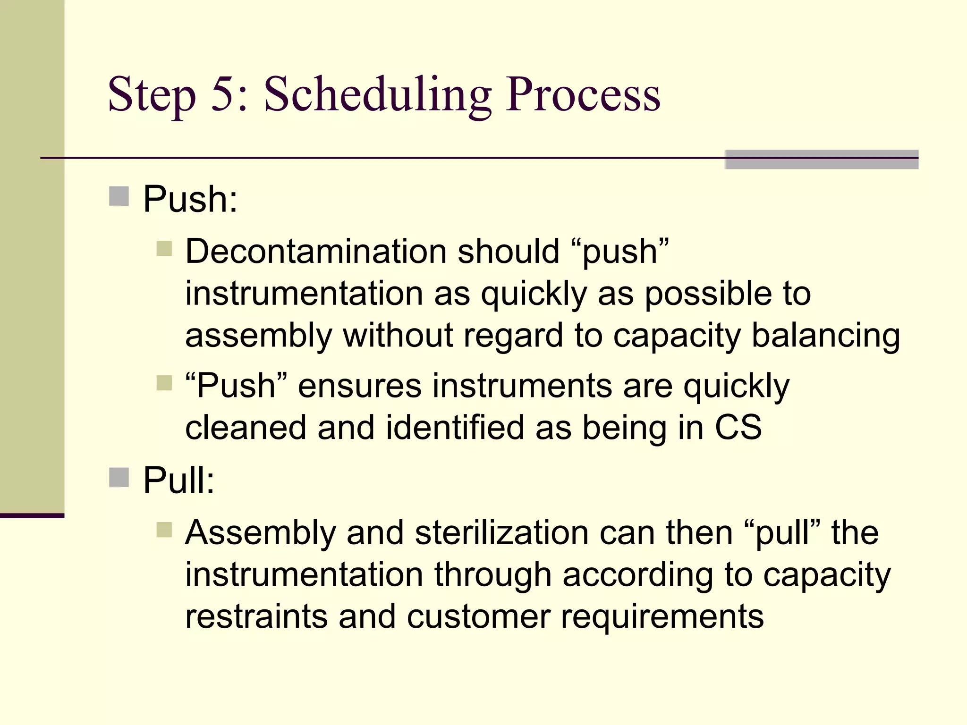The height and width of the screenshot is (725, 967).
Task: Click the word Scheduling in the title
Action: click(377, 96)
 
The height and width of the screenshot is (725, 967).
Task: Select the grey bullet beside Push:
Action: click(119, 196)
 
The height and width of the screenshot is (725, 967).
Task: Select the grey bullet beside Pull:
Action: click(119, 477)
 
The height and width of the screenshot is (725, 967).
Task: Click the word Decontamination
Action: click(315, 251)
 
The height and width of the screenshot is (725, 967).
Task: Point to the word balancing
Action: click(825, 336)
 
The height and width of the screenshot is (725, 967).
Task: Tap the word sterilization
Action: click(501, 533)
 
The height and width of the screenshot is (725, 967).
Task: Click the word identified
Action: click(455, 428)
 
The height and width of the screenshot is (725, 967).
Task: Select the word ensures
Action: click(359, 386)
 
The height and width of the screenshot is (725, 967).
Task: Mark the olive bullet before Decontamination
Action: click(164, 248)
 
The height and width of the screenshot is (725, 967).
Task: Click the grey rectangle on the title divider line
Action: click(821, 160)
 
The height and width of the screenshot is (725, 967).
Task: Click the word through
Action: click(492, 575)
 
